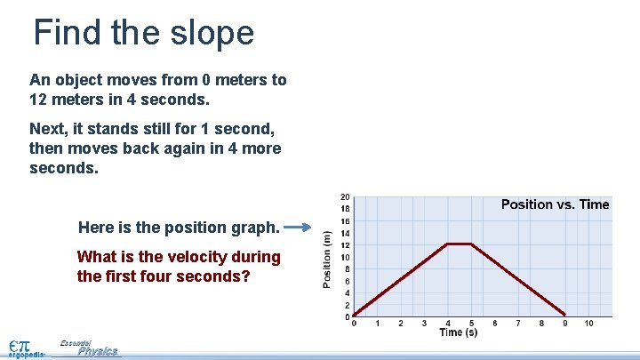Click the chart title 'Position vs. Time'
555,204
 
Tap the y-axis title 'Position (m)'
327,257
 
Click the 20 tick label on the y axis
345,197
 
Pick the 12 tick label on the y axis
345,245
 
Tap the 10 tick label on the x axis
588,324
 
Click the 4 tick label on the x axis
448,324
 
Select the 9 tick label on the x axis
565,324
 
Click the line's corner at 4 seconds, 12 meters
448,244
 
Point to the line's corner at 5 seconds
471,244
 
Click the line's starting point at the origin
355,316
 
